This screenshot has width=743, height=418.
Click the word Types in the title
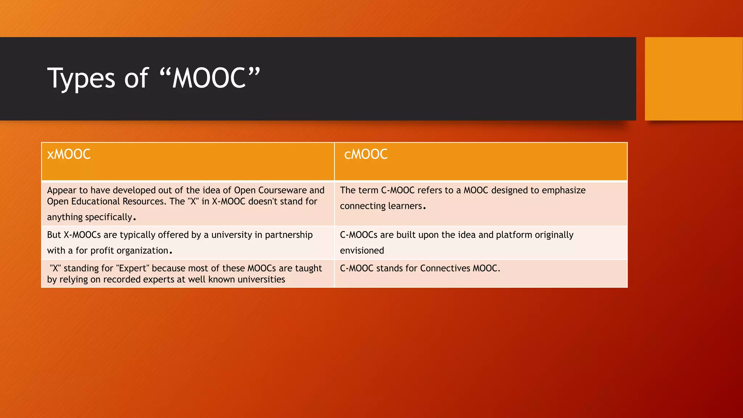pyautogui.click(x=81, y=79)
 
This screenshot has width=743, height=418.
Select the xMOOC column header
pyautogui.click(x=69, y=155)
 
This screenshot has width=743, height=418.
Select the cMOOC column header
pyautogui.click(x=366, y=155)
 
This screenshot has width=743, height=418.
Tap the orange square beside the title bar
pyautogui.click(x=693, y=79)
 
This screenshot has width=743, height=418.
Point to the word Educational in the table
pyautogui.click(x=95, y=202)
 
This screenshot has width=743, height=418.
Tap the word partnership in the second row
pyautogui.click(x=288, y=235)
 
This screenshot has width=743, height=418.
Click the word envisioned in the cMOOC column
pyautogui.click(x=362, y=251)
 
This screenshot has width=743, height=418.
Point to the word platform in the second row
pyautogui.click(x=514, y=235)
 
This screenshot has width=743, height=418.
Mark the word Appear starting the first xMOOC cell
pyautogui.click(x=62, y=190)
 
